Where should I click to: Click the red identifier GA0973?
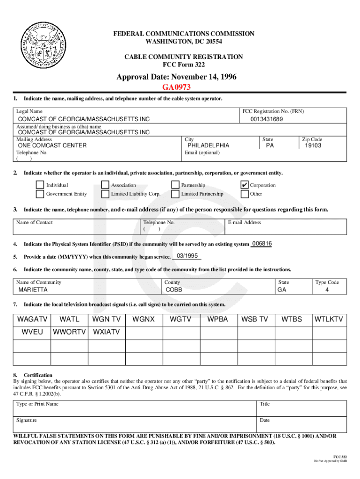click(x=176, y=87)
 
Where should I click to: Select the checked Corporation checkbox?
click(x=245, y=185)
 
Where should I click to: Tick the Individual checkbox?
click(x=40, y=185)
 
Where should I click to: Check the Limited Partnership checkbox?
click(x=175, y=194)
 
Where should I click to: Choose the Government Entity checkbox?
click(x=40, y=194)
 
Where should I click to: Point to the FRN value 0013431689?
click(x=266, y=119)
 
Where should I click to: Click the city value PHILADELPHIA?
click(x=208, y=145)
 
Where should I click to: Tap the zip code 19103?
click(x=313, y=145)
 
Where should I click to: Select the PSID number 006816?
click(x=262, y=244)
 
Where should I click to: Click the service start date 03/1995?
click(x=187, y=256)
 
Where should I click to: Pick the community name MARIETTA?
click(x=33, y=290)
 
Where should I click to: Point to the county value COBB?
click(x=174, y=290)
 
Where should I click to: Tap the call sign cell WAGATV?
click(x=32, y=319)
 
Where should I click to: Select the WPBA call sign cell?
click(x=218, y=319)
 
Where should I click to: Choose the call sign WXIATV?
click(x=107, y=332)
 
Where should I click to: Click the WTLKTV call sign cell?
click(x=329, y=319)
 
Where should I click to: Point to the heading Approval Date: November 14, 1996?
click(x=176, y=77)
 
